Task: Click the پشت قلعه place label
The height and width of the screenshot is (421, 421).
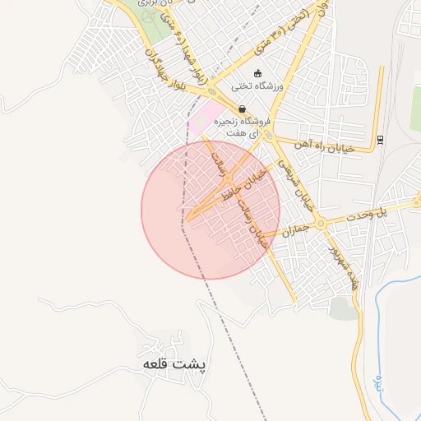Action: [x=174, y=363]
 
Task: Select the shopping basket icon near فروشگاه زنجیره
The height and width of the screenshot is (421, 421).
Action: [x=242, y=109]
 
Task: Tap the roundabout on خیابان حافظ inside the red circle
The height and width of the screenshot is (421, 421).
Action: [x=227, y=180]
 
